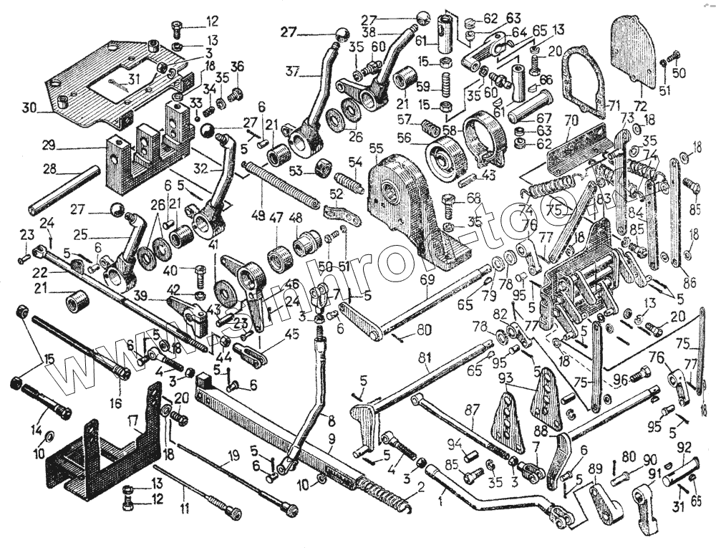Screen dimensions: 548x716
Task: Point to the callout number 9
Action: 331,436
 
